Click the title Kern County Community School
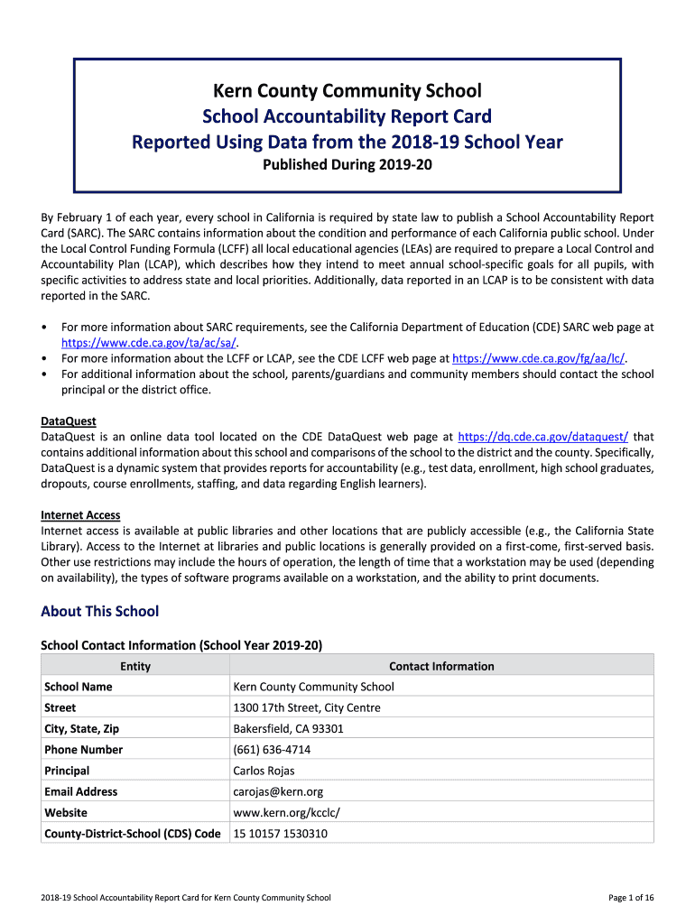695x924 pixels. point(347,91)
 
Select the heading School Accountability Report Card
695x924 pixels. point(347,116)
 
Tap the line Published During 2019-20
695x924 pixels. point(347,165)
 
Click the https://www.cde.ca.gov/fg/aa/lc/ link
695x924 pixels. point(539,358)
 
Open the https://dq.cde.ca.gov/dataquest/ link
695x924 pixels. point(543,437)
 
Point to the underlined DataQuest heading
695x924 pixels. point(69,421)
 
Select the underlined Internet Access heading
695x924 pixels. point(80,515)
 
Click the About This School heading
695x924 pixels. point(99,612)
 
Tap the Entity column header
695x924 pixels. point(135,667)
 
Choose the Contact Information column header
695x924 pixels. point(441,667)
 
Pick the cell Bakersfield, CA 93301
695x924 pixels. point(288,729)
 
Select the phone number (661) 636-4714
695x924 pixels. point(272,750)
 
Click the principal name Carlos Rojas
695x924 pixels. point(264,771)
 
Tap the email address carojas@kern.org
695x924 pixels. point(278,791)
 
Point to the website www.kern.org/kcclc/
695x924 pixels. point(286,812)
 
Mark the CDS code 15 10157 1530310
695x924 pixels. point(280,834)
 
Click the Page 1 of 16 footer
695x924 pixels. point(631,898)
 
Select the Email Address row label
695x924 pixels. point(81,791)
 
